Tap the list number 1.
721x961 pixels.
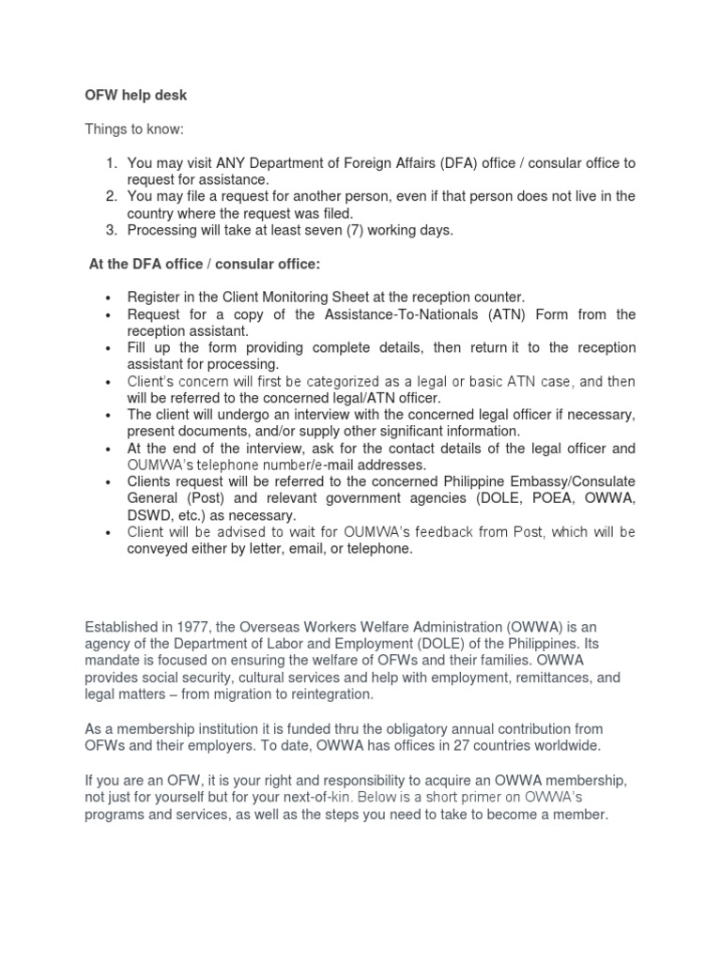coord(109,163)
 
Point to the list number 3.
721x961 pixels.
coord(109,230)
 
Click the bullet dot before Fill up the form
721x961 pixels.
coord(111,348)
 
